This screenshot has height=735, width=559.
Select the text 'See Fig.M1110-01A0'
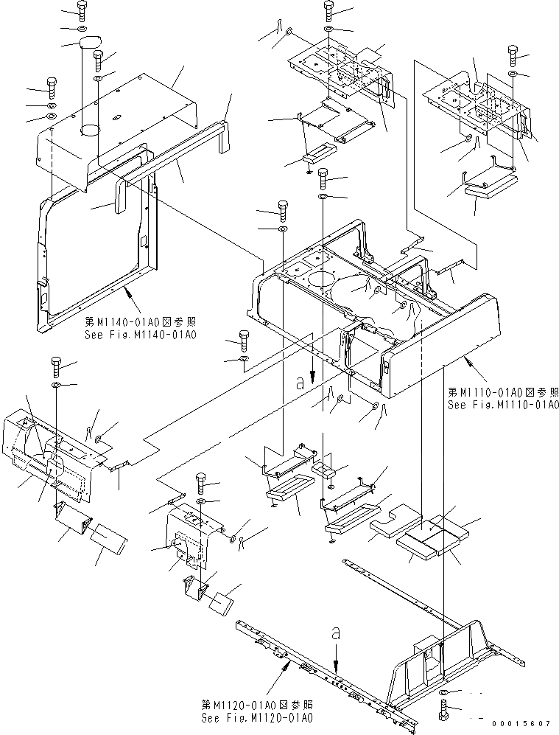[x=503, y=405]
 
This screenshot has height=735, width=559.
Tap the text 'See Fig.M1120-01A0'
[x=256, y=717]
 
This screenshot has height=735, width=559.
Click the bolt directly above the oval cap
[x=80, y=10]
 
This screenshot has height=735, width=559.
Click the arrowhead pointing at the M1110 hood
[x=465, y=358]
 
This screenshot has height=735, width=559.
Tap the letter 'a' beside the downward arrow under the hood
[x=300, y=382]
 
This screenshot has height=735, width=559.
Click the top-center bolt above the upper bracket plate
[x=328, y=10]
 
